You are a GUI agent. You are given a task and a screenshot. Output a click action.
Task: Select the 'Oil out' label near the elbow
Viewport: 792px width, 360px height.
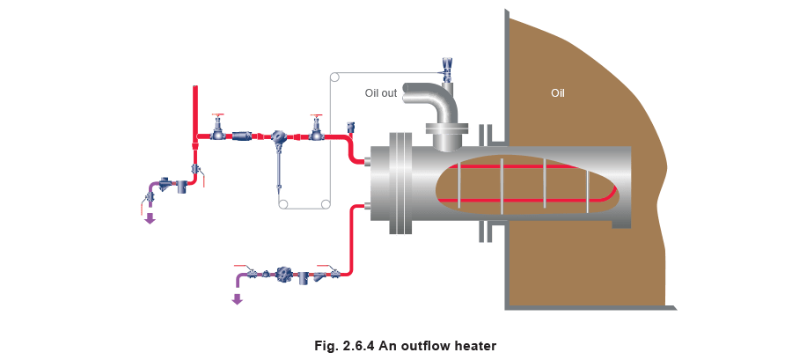pos(381,92)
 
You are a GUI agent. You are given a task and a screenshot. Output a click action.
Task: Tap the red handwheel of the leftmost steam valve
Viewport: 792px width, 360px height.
pos(217,116)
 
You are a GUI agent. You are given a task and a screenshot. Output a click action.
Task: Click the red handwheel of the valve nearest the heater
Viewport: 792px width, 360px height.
pos(316,116)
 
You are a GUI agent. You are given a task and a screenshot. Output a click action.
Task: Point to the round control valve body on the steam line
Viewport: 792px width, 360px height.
pos(278,136)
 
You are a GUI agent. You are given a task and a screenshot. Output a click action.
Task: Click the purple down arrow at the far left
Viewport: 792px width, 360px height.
pos(150,218)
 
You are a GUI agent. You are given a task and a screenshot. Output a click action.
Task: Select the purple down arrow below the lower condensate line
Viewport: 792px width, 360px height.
pos(236,298)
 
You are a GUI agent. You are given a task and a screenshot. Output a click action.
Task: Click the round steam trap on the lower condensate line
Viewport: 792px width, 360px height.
pos(285,275)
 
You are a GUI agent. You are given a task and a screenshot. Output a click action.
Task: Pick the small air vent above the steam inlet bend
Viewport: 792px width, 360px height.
pos(350,128)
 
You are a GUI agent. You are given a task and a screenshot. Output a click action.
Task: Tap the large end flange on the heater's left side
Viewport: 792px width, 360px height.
pos(401,185)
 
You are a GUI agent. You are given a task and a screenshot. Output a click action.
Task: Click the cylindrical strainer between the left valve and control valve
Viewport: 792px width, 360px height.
pos(241,136)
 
